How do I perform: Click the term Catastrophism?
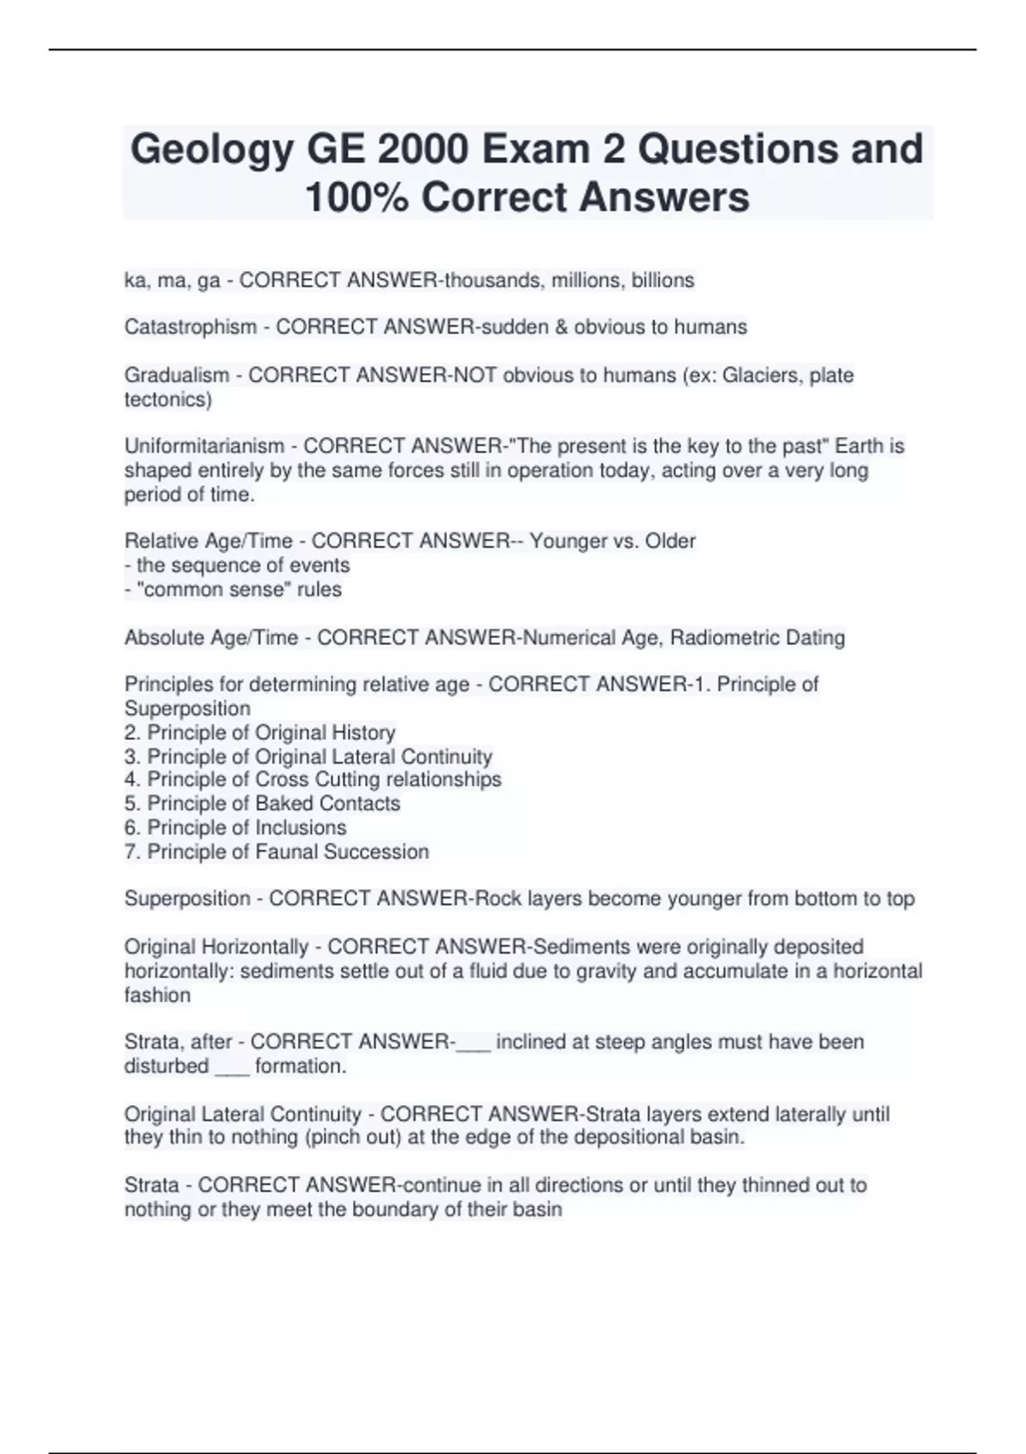click(191, 327)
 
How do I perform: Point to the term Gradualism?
click(177, 375)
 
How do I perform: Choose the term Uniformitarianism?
click(204, 446)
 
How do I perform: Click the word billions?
click(663, 281)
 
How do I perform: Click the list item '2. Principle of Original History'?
click(260, 733)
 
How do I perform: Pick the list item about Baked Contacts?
click(262, 804)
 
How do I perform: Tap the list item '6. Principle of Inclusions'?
click(235, 828)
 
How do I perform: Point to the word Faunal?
click(287, 852)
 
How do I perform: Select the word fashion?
click(157, 996)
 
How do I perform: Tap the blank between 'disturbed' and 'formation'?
click(232, 1067)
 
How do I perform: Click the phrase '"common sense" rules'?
click(233, 590)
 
